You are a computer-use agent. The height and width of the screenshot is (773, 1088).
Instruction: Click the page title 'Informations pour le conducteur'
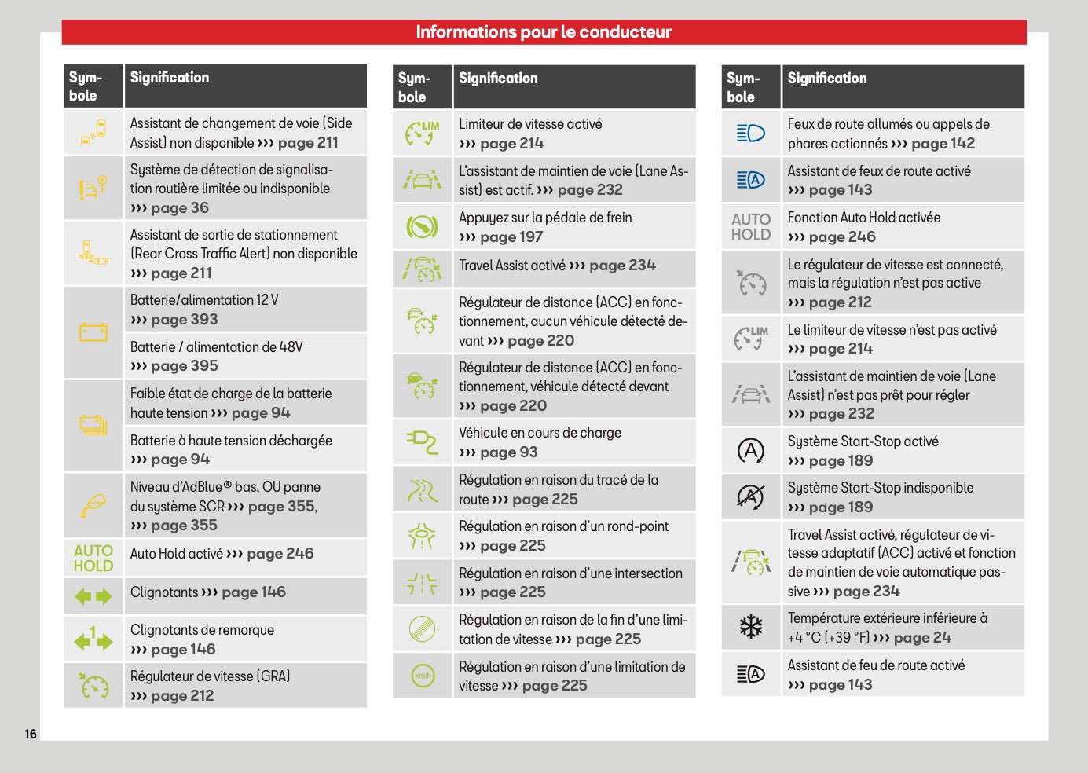click(x=544, y=32)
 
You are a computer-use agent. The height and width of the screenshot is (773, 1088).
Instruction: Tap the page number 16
click(x=31, y=734)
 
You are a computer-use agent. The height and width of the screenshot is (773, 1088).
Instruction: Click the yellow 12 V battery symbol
click(x=93, y=332)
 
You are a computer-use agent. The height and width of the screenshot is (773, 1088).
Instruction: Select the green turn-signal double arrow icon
click(x=93, y=596)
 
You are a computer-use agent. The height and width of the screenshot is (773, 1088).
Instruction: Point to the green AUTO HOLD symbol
click(x=93, y=559)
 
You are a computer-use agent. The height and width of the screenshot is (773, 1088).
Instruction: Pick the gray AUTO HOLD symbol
click(x=751, y=227)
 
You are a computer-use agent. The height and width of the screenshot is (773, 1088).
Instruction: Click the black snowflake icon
click(x=751, y=627)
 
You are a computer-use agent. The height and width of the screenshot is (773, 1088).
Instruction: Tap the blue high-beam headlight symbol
click(x=751, y=133)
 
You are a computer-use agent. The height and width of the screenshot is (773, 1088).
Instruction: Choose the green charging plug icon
click(x=422, y=442)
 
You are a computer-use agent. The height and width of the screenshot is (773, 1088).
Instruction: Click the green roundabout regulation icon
click(x=422, y=536)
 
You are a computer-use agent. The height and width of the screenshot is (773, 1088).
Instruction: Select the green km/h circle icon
click(x=423, y=676)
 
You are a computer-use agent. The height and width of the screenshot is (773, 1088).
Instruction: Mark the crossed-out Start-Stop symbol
click(x=751, y=497)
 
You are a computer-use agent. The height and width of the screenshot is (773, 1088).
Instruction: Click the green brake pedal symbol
click(x=422, y=226)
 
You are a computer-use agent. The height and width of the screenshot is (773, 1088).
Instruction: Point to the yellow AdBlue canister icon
click(x=93, y=506)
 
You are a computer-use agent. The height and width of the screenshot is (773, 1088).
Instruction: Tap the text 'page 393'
click(x=185, y=319)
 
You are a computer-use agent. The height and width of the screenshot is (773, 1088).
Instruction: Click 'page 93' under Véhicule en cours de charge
click(x=508, y=452)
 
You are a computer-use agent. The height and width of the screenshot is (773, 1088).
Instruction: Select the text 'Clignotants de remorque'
click(x=202, y=630)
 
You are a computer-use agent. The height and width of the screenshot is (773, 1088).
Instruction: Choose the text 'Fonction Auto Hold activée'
click(x=864, y=217)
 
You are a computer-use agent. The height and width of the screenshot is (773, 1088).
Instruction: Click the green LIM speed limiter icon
click(x=422, y=133)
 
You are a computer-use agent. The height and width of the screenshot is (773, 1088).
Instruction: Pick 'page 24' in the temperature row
click(x=922, y=637)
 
